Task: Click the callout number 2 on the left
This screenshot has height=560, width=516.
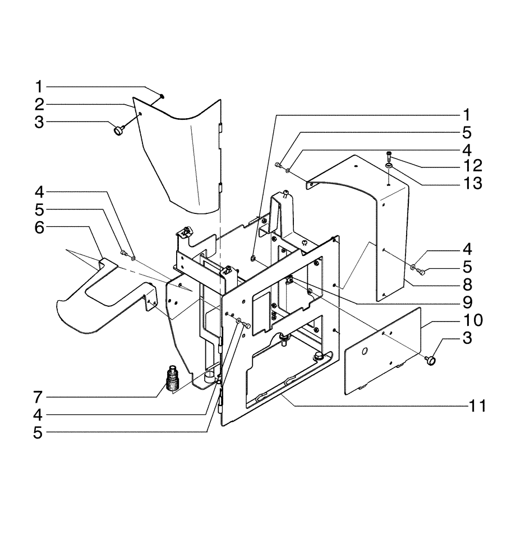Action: point(39,104)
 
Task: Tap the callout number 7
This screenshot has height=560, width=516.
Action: point(39,397)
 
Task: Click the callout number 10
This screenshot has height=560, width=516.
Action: point(472,321)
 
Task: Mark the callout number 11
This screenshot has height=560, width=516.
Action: point(472,405)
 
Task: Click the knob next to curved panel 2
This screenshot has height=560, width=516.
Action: point(118,131)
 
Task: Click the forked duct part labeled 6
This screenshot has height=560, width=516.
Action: point(101,302)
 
